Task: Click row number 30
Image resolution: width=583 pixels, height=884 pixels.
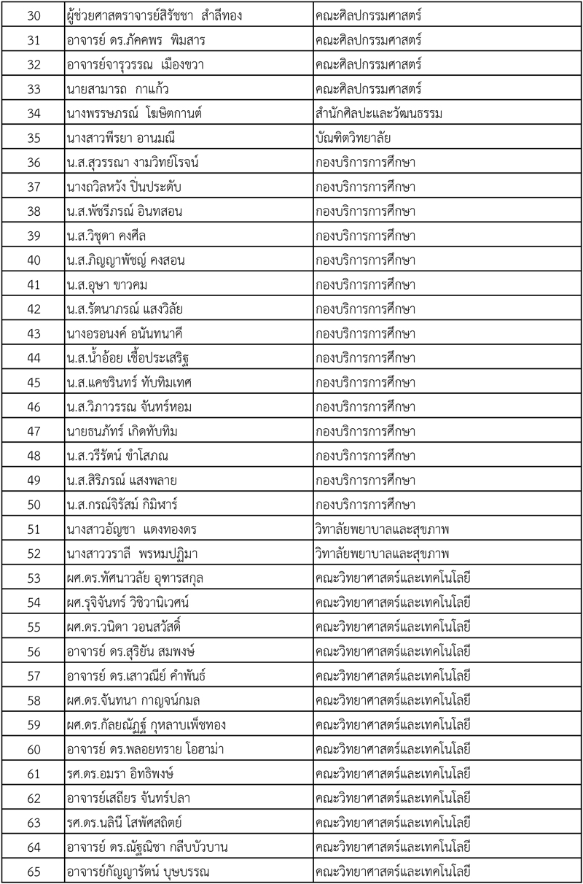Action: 33,15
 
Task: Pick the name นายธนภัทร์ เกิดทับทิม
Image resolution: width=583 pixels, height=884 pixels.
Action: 122,431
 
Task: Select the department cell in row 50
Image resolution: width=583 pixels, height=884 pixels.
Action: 365,504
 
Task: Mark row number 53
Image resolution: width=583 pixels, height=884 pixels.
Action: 33,578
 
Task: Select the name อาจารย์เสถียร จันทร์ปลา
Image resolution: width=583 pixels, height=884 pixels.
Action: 133,797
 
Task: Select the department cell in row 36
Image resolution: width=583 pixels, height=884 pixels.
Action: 365,162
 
